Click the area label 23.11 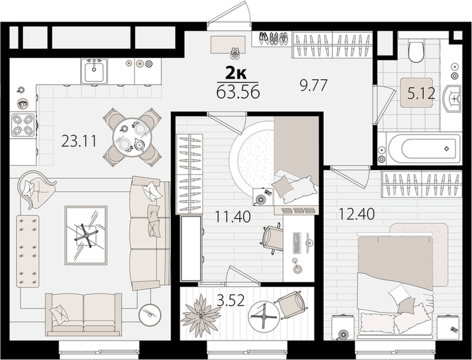pos(79,141)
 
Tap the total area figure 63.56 pos(238,92)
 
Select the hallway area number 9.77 pos(313,86)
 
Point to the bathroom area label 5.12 pos(421,94)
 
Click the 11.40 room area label pos(233,216)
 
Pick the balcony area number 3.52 pos(231,300)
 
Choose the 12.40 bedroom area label pos(357,214)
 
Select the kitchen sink pos(94,71)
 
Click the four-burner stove pos(23,125)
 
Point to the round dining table pos(133,137)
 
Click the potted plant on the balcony pos(200,315)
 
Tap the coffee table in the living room pos(86,235)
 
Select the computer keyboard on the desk pos(296,242)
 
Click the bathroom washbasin pos(452,99)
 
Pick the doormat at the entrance pos(228,45)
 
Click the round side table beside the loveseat pos(149,315)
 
